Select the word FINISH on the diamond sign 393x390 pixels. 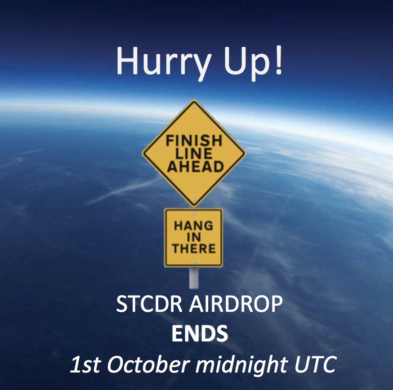click(x=194, y=141)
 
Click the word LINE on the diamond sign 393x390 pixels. click(x=194, y=154)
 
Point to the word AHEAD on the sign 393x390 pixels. click(x=195, y=166)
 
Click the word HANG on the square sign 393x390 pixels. click(x=193, y=226)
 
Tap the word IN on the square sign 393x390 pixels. click(x=193, y=237)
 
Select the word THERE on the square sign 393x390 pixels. click(x=194, y=248)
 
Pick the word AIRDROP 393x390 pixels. click(x=236, y=304)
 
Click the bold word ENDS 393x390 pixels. click(x=200, y=333)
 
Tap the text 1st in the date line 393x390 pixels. click(x=85, y=364)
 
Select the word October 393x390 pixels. click(x=147, y=364)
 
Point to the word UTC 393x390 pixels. click(x=315, y=364)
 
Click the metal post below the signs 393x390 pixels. click(x=194, y=278)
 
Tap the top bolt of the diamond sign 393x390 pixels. click(x=194, y=107)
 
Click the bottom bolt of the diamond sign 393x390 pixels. click(x=194, y=200)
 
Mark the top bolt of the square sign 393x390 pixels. click(x=194, y=213)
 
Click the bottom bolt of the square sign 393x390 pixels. click(x=194, y=262)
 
